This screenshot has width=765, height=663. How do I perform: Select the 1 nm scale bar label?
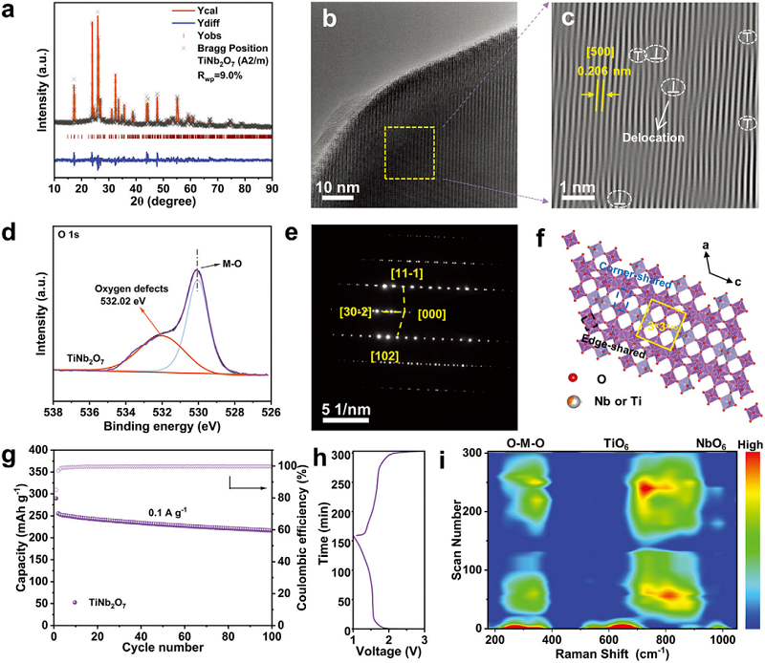pos(578,184)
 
